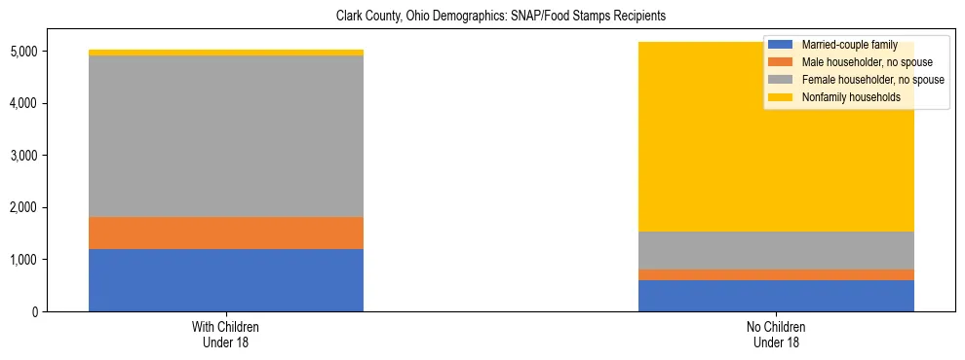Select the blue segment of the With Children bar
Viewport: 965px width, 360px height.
point(226,280)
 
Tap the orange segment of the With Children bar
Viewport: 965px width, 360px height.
point(226,233)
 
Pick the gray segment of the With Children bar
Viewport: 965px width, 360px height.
point(226,136)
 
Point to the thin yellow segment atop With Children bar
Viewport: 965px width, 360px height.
point(226,53)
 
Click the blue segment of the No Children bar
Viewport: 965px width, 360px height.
point(776,296)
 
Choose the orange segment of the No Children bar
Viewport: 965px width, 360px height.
point(776,274)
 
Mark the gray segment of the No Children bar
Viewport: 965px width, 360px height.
point(776,250)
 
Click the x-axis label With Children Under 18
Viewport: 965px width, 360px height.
point(226,334)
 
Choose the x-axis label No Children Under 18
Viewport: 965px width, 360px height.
point(776,334)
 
